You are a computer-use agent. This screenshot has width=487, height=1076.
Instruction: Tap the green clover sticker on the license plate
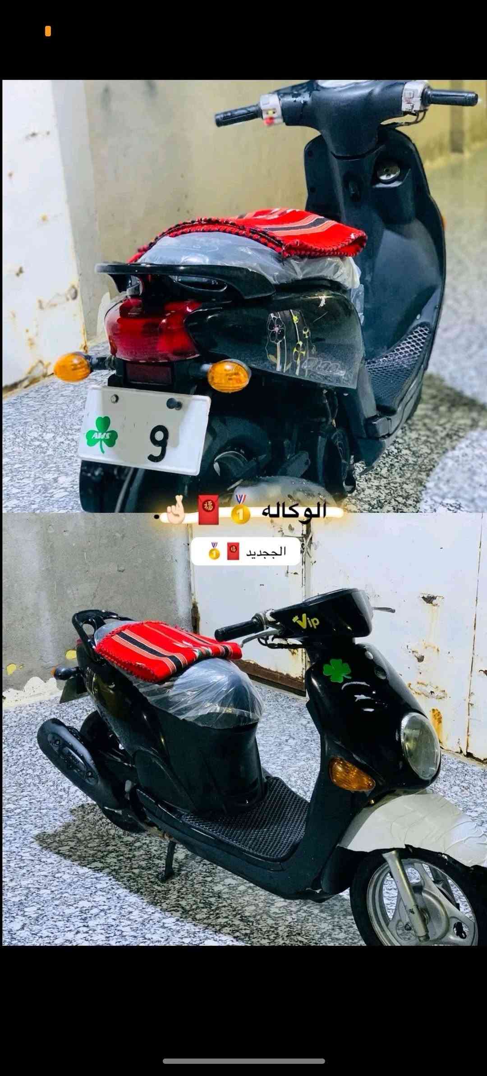(102, 434)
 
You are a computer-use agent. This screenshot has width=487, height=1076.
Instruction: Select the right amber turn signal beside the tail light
(228, 375)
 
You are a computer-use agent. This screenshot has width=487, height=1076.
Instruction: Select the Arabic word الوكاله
(294, 511)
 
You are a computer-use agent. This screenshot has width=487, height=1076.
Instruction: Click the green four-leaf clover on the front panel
(337, 671)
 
